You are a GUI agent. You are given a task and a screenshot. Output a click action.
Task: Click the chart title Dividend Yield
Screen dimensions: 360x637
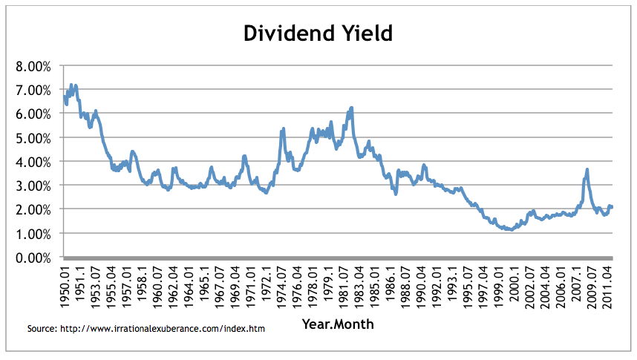(318, 33)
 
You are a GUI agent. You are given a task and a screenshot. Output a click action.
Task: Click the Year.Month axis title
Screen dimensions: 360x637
(338, 324)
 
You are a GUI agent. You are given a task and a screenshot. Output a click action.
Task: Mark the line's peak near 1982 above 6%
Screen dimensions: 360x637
(351, 108)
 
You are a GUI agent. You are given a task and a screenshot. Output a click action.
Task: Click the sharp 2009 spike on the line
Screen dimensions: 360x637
(587, 169)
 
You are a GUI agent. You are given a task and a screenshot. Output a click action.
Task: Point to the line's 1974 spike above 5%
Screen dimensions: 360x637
(283, 129)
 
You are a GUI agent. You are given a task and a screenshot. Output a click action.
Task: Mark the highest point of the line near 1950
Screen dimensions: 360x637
(71, 85)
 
